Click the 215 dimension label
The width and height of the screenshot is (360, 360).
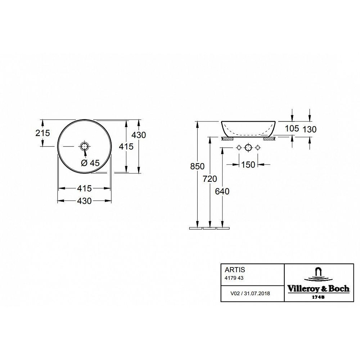click(42, 133)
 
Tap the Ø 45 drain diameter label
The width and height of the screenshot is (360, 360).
click(90, 163)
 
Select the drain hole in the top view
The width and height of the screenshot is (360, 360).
click(84, 146)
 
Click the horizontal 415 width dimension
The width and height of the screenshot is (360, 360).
click(84, 188)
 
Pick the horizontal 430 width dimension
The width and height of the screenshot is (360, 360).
click(84, 201)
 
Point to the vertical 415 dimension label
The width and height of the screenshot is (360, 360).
click(126, 147)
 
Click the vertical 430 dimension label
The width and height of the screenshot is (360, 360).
click(139, 135)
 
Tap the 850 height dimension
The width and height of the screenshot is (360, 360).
click(197, 166)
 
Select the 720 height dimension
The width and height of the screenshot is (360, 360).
click(210, 179)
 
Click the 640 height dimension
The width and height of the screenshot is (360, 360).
click(222, 191)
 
